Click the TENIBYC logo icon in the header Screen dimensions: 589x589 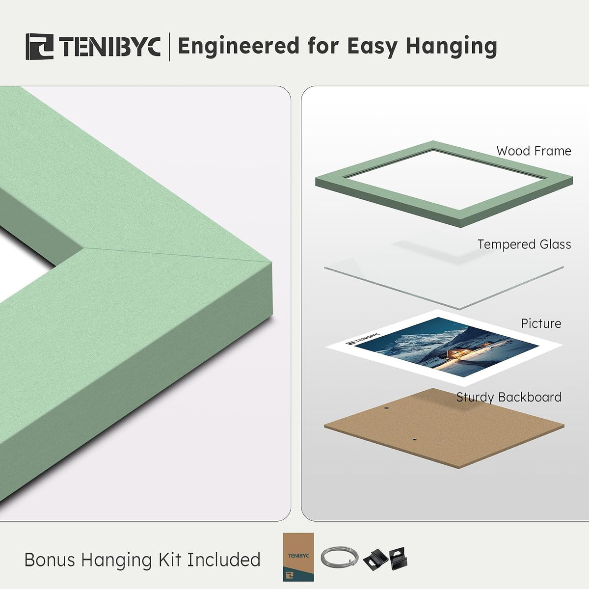click(x=40, y=47)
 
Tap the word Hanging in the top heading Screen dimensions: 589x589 click(x=451, y=47)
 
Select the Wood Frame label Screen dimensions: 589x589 click(x=534, y=151)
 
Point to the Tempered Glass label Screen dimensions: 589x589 click(x=524, y=244)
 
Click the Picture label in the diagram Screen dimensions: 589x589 click(x=541, y=323)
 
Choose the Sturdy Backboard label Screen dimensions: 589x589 click(x=509, y=397)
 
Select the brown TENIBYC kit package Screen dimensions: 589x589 click(x=298, y=557)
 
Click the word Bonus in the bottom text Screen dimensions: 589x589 click(x=50, y=560)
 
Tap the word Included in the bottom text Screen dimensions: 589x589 click(x=223, y=560)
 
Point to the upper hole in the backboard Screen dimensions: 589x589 click(x=387, y=408)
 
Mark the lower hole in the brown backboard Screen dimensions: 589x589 click(x=414, y=439)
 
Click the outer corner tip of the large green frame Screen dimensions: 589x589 click(x=271, y=262)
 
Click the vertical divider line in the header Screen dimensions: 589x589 click(x=170, y=47)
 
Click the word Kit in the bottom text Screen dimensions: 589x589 click(x=170, y=560)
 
